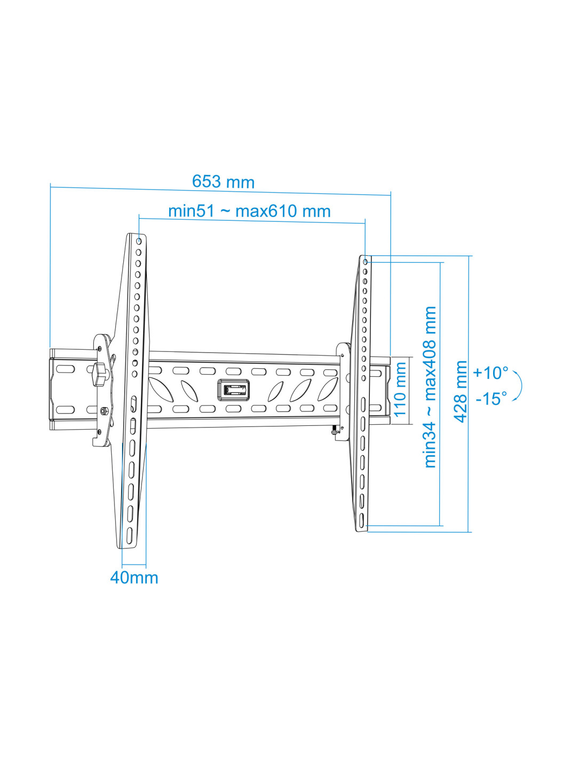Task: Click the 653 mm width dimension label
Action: tap(223, 182)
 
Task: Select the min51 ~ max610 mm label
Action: tap(249, 211)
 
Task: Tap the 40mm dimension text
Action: tap(134, 578)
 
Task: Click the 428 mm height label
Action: tap(461, 392)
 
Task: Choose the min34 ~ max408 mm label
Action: tap(430, 387)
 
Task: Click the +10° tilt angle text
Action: tap(490, 373)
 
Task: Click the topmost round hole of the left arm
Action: tap(139, 241)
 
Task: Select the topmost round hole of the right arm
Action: tap(366, 261)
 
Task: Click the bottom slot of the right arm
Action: tap(362, 519)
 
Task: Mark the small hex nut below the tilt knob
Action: tap(103, 412)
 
